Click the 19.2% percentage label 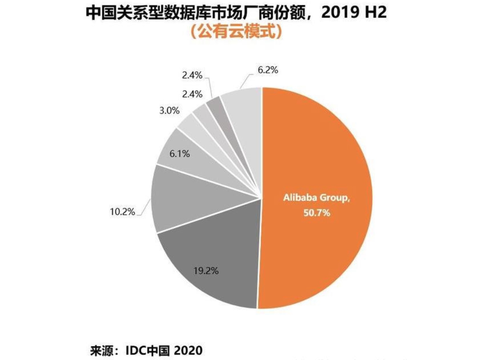[206, 271]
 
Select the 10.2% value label [122, 211]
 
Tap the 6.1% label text [179, 154]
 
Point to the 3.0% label [169, 111]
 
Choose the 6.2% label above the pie [268, 70]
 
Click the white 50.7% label [317, 212]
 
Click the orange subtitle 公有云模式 [236, 31]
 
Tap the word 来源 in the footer [100, 350]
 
